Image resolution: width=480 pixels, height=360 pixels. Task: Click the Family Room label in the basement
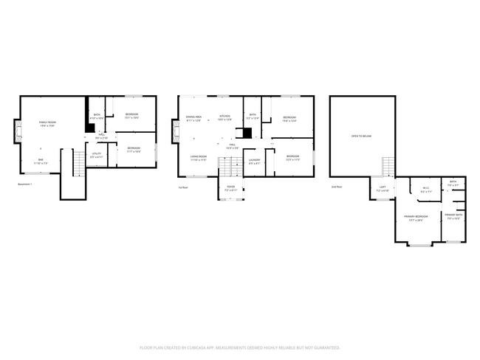pyautogui.click(x=47, y=124)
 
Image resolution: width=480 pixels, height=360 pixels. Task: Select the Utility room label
pyautogui.click(x=97, y=156)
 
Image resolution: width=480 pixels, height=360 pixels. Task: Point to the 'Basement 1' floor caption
pyautogui.click(x=25, y=184)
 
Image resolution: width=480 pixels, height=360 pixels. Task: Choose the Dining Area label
pyautogui.click(x=193, y=118)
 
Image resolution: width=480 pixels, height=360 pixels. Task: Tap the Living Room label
pyautogui.click(x=198, y=158)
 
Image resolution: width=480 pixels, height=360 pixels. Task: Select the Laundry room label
pyautogui.click(x=254, y=161)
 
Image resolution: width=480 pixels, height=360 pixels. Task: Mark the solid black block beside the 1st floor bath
pyautogui.click(x=248, y=133)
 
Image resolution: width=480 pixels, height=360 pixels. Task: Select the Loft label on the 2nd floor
pyautogui.click(x=383, y=189)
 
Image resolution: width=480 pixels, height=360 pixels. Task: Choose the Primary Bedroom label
pyautogui.click(x=416, y=218)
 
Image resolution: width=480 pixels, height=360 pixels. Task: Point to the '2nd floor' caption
pyautogui.click(x=337, y=187)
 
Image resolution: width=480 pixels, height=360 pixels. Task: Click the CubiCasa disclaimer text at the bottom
pyautogui.click(x=239, y=347)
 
